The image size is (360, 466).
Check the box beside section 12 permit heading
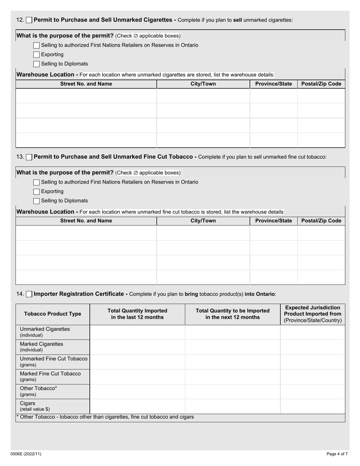coord(29,20)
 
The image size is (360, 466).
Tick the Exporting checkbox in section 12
coord(36,55)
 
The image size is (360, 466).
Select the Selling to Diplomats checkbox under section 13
coord(36,201)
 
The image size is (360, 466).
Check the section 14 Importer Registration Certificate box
coord(29,294)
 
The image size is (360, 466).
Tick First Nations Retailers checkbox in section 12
coord(36,45)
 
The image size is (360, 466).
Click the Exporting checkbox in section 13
coord(36,192)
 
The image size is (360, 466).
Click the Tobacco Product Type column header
coord(53,314)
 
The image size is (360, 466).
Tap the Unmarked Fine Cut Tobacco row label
coord(53,361)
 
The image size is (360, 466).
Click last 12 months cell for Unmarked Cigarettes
coord(137,332)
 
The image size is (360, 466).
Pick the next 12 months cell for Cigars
coord(232,406)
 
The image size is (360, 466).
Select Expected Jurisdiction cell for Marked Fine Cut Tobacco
coord(313,376)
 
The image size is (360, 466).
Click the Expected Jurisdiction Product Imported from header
coord(313,314)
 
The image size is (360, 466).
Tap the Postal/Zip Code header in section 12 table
coord(321,84)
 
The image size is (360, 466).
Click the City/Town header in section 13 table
coord(203,221)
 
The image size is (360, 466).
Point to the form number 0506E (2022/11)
coord(26,454)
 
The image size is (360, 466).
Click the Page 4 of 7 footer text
coord(337,454)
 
